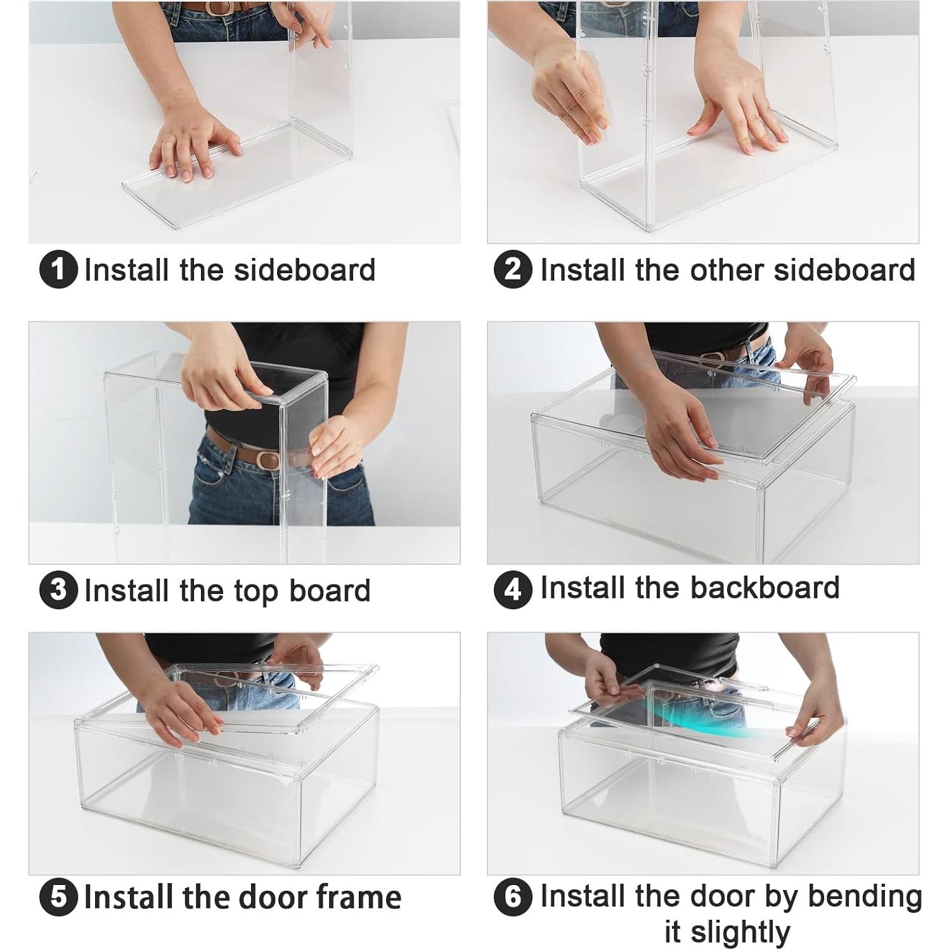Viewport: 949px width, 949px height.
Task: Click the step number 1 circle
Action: click(58, 270)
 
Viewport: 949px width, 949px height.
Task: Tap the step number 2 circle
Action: click(513, 270)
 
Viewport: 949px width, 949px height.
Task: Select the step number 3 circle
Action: click(58, 590)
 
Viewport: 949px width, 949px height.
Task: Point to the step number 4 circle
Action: click(513, 590)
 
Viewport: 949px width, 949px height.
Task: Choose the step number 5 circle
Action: click(58, 898)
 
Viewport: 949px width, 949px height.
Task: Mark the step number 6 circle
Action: click(513, 898)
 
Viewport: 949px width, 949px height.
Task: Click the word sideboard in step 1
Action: click(305, 269)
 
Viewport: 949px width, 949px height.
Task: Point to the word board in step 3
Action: click(330, 590)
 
